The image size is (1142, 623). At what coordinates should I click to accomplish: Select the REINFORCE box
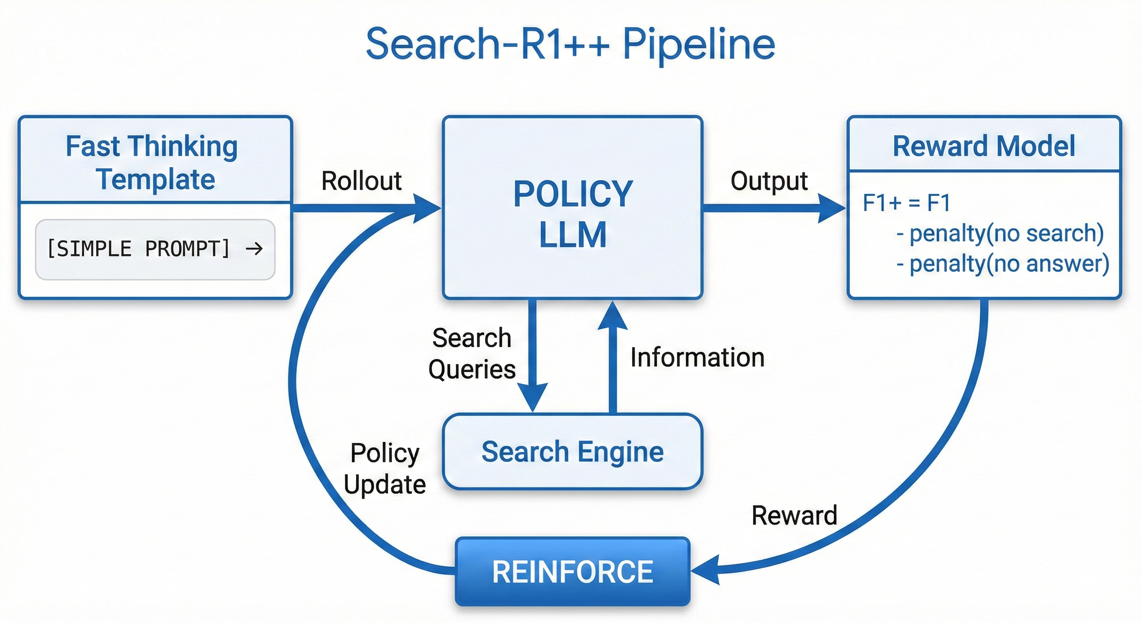tap(572, 571)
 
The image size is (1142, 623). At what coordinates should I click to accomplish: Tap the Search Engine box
tap(572, 451)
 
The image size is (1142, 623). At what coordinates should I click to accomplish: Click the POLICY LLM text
tap(572, 214)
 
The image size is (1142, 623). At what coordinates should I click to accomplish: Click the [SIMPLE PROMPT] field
tap(155, 249)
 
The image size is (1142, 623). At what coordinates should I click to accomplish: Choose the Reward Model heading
tap(983, 146)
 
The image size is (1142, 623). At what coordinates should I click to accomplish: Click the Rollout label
tap(361, 181)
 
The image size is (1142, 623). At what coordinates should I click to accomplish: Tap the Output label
tap(769, 181)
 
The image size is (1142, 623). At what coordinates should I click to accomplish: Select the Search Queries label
tap(472, 353)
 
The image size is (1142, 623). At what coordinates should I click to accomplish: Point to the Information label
tap(697, 357)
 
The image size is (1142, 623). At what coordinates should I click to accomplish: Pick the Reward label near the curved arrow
tap(794, 515)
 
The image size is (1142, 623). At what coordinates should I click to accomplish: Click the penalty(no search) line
tap(1000, 233)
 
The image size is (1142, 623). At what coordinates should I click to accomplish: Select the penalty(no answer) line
tap(1002, 264)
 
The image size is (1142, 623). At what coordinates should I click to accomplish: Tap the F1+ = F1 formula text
tap(906, 203)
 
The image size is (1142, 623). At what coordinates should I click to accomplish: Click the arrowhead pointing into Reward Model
tap(831, 208)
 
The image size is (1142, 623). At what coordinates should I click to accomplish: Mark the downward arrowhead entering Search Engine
tap(533, 397)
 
